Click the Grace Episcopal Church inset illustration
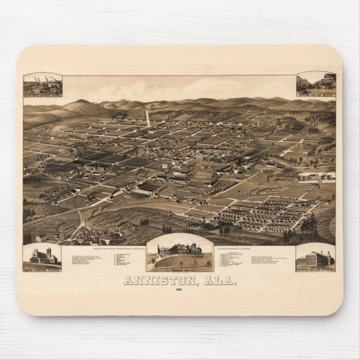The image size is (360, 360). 42,255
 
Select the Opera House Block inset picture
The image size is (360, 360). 316,83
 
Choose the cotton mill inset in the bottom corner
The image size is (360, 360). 315,257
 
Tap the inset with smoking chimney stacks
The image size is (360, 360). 42,84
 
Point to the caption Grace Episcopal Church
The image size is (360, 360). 42,269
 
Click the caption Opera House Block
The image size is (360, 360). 316,95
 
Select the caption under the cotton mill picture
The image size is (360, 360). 315,269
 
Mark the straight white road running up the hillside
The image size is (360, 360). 148,117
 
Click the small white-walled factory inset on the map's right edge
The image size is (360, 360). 316,177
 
